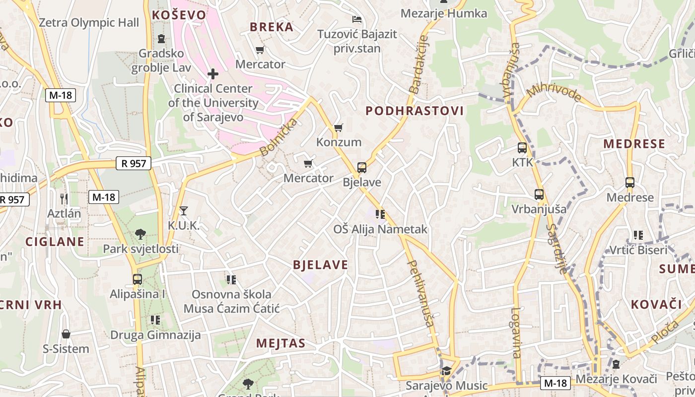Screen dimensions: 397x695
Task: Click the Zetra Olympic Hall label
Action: click(x=89, y=22)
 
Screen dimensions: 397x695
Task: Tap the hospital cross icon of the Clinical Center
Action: click(x=213, y=74)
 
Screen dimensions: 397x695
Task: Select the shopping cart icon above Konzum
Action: click(x=339, y=128)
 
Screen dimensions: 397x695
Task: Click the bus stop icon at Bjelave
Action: click(x=362, y=168)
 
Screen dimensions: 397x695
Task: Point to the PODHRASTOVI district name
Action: click(x=415, y=111)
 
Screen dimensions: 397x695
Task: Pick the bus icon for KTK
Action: click(x=522, y=148)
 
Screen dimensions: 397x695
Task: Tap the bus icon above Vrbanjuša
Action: click(x=539, y=195)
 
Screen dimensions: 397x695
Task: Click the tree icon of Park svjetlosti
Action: click(x=140, y=234)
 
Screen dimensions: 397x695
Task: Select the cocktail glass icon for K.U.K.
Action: click(x=184, y=211)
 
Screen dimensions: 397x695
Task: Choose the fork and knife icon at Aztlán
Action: click(x=64, y=199)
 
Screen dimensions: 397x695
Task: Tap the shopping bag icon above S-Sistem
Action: click(x=66, y=334)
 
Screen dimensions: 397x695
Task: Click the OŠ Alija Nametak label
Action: click(x=380, y=229)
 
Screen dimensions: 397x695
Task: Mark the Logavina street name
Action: click(x=516, y=333)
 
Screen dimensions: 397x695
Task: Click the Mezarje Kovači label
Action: click(x=616, y=379)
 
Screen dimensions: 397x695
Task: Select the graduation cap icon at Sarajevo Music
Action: click(x=446, y=371)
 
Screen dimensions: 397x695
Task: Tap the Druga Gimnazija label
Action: click(x=155, y=335)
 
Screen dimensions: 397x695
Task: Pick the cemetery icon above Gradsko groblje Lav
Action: click(x=161, y=38)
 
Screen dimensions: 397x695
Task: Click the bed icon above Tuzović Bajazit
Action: click(x=356, y=20)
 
